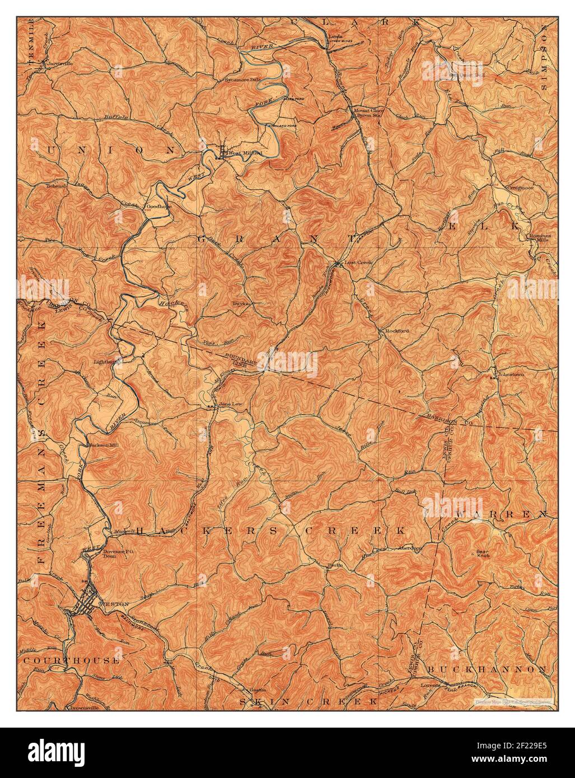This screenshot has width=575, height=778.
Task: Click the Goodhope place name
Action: [x=158, y=206]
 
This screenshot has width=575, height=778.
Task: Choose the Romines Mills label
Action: [x=540, y=238]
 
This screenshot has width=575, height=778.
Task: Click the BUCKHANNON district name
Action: [x=487, y=669]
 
